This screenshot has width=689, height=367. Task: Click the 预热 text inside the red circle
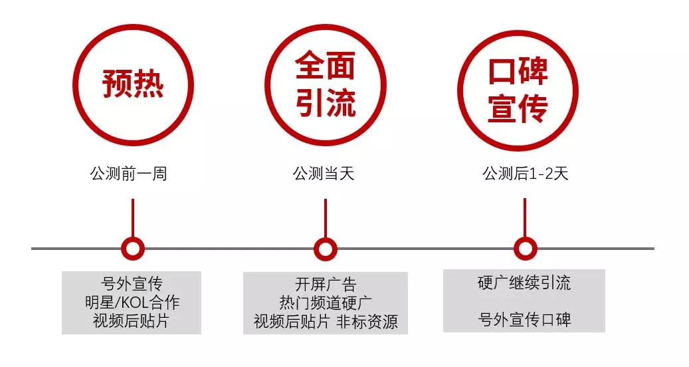[x=133, y=84]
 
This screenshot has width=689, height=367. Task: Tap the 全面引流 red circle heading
[x=325, y=84]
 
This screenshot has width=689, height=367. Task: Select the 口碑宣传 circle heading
[x=518, y=90]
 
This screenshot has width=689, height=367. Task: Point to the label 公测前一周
[x=129, y=174]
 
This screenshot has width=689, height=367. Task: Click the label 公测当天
[x=324, y=174]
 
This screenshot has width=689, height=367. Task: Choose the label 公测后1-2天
[x=526, y=174]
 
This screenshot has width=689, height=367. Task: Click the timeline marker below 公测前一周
[x=133, y=249]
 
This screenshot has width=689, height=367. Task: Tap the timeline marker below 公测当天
[x=326, y=249]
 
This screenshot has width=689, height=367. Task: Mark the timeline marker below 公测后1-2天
[x=525, y=249]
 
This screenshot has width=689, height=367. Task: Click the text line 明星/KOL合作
[x=132, y=303]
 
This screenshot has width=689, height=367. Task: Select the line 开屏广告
[x=326, y=284]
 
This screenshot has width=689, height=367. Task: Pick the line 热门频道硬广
[x=326, y=303]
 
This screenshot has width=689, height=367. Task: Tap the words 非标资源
[x=367, y=322]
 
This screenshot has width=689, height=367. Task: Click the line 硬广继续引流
[x=524, y=283]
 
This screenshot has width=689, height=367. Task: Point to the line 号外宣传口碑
[x=524, y=320]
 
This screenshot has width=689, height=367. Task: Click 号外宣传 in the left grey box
[x=132, y=284]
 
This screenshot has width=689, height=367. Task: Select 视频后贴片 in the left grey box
[x=131, y=321]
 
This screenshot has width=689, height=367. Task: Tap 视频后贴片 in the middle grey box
[x=292, y=322]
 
